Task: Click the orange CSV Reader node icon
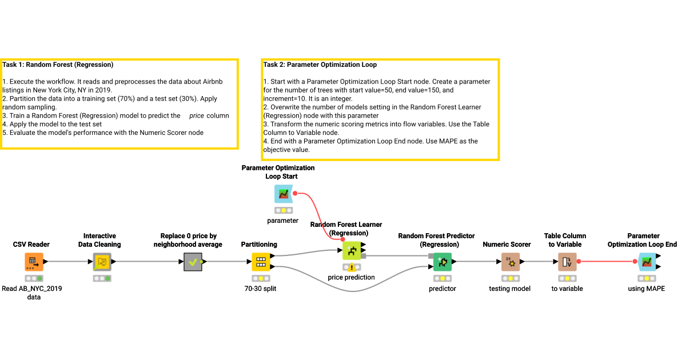34,262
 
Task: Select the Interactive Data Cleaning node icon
102,262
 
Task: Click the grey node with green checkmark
193,262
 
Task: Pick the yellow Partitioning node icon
261,262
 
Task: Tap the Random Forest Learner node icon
351,250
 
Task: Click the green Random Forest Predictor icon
442,262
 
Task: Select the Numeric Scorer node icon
510,262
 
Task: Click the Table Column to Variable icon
567,262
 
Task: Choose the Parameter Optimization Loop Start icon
283,194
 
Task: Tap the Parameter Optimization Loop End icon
646,262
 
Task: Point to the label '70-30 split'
261,289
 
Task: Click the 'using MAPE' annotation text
646,289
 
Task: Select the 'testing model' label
510,289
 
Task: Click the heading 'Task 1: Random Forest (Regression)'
58,65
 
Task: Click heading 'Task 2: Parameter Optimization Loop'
320,65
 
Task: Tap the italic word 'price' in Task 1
197,115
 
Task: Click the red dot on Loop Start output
295,193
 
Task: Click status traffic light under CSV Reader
34,278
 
